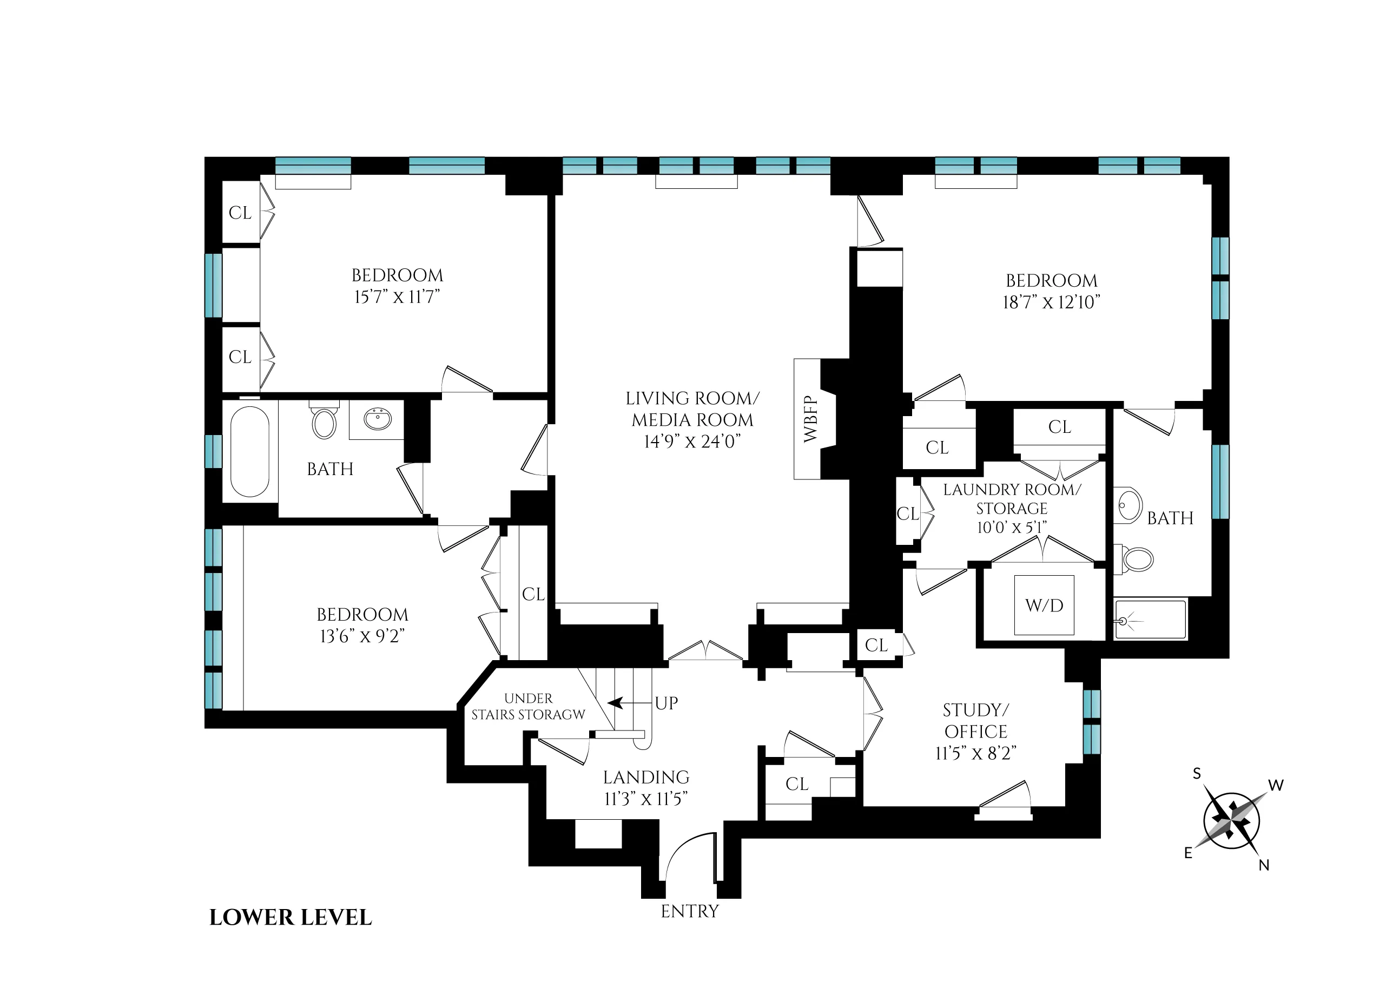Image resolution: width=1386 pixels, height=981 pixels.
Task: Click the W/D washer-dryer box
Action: (x=1044, y=605)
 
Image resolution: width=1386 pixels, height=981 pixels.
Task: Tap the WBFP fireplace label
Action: (x=810, y=419)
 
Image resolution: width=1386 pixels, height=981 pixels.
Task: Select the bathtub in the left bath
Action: (x=249, y=451)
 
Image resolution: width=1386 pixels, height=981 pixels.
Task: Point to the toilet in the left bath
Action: (x=324, y=421)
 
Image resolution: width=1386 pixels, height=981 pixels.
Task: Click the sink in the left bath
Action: (x=378, y=419)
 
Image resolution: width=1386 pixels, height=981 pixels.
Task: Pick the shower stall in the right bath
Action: (x=1150, y=619)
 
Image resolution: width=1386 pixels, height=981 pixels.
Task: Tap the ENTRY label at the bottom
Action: (x=690, y=911)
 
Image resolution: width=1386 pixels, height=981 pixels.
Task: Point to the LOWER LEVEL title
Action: (x=291, y=918)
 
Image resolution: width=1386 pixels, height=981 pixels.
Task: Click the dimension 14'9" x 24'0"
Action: (x=692, y=442)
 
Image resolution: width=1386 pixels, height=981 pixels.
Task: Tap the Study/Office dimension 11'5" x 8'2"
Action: (x=976, y=753)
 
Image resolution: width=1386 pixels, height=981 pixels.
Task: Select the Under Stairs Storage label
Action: (x=528, y=707)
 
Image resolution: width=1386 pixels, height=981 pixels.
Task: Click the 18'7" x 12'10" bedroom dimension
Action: (x=1052, y=302)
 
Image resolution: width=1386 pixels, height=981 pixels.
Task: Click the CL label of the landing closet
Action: (x=796, y=784)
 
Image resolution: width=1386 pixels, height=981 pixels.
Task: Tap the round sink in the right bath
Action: (x=1130, y=504)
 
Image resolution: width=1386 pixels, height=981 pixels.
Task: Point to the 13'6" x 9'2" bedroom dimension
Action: (x=362, y=636)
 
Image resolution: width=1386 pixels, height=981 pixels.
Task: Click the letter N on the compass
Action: (x=1264, y=865)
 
